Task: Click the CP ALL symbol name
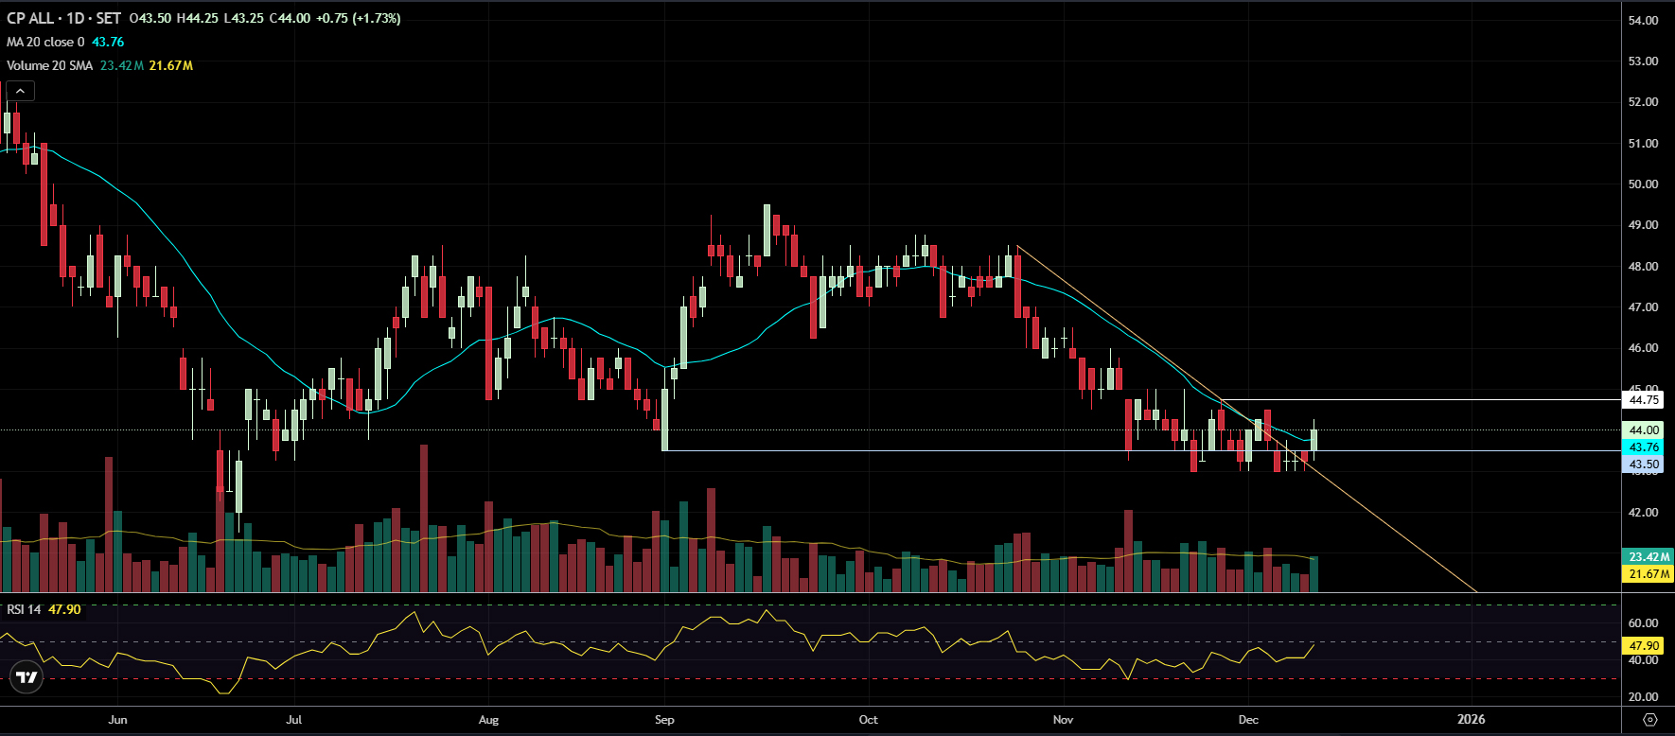pos(30,18)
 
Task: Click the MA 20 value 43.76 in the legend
pos(108,42)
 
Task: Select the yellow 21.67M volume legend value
pos(171,65)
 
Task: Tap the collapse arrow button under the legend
pos(20,91)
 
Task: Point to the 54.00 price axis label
pos(1643,20)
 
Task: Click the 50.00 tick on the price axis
pos(1643,184)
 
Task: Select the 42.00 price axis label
pos(1643,513)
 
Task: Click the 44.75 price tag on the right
pos(1644,400)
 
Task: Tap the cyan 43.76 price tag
pos(1644,447)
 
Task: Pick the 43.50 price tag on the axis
pos(1644,464)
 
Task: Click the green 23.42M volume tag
pos(1649,557)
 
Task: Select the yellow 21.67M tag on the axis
pos(1649,574)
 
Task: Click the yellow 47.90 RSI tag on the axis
pos(1644,646)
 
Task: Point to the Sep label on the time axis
pos(664,720)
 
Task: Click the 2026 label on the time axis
pos(1471,720)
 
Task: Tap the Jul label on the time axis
pos(294,720)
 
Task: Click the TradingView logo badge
pos(26,677)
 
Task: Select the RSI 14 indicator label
pos(24,609)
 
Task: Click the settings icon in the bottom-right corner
pos(1649,720)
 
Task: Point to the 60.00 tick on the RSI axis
pos(1643,623)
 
